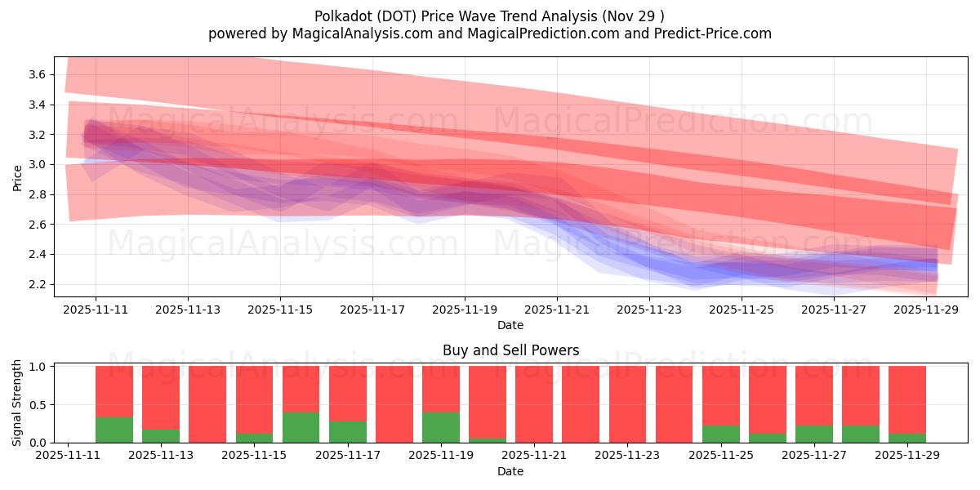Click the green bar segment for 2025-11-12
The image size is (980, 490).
pos(114,430)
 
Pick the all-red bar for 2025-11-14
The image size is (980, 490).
pos(207,404)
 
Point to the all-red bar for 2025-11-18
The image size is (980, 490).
pos(394,404)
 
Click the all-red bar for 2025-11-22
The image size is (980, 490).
pos(581,404)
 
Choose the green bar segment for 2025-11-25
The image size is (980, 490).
pos(721,434)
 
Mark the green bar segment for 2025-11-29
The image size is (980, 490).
pos(907,438)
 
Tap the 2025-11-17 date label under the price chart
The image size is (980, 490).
pos(372,310)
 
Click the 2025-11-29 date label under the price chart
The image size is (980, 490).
pos(926,310)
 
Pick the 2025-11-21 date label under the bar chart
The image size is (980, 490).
pos(533,457)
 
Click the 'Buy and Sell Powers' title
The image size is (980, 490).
pos(510,350)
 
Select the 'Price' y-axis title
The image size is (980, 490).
pos(18,177)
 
